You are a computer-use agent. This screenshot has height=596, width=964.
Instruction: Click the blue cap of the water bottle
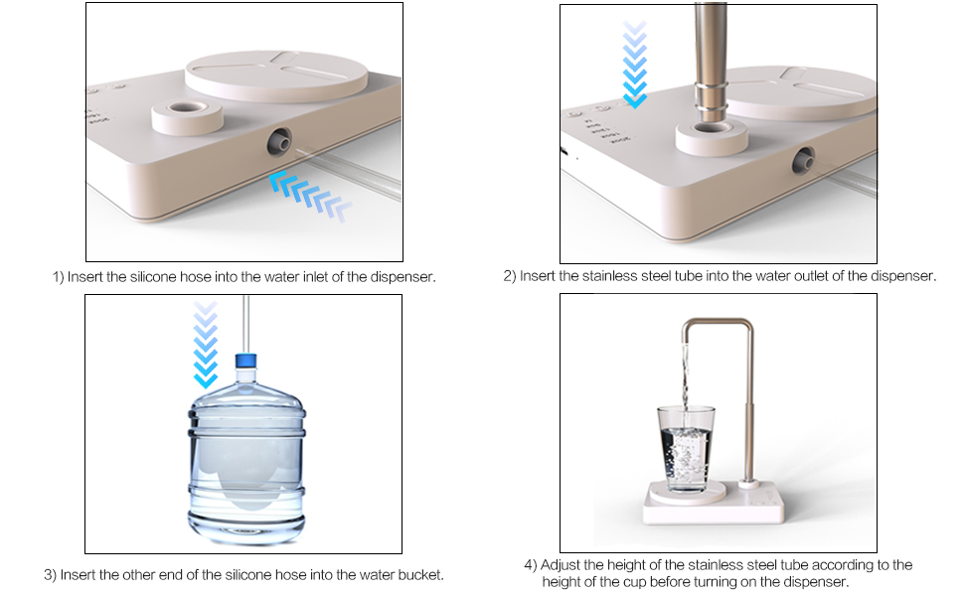(245, 362)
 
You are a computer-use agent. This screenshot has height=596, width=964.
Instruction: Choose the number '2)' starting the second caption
(510, 276)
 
